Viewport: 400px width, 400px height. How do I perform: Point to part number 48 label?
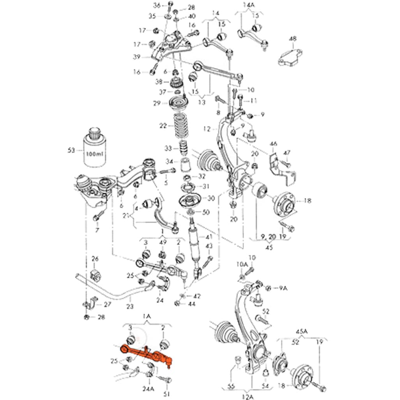292,39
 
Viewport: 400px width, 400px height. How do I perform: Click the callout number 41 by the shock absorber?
209,237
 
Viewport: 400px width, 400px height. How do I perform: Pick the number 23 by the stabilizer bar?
129,306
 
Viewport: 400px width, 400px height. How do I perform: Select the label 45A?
301,332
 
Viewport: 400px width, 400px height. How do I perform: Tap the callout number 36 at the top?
157,5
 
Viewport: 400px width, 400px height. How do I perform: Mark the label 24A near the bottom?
148,389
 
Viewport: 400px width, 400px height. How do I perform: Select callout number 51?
167,394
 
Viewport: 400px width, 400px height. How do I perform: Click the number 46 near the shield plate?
273,144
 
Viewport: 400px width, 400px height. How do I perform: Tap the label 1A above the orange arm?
146,317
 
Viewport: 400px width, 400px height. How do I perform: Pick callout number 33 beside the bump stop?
168,148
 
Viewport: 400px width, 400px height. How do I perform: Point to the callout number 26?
95,259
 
